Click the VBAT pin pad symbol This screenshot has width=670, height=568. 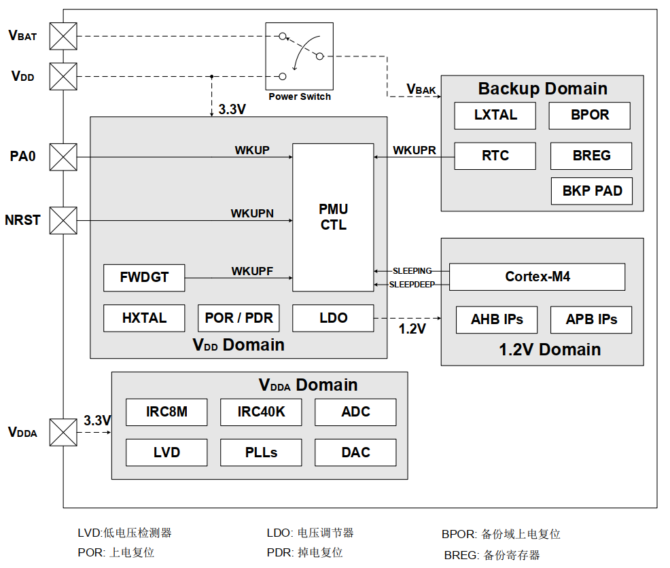point(63,36)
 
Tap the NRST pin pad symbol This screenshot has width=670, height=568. point(63,221)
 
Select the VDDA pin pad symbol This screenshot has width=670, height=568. point(63,432)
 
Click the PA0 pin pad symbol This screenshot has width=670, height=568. point(63,157)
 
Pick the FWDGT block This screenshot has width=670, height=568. point(144,278)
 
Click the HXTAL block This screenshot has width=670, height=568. point(144,318)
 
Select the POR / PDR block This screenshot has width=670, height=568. point(239,318)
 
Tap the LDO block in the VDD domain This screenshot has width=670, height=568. point(333,318)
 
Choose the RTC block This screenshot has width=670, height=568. point(495,156)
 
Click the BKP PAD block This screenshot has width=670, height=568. point(592,191)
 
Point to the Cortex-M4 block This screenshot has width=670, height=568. point(537,277)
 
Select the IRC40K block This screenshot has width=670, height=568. point(261,412)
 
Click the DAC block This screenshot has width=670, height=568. point(355,452)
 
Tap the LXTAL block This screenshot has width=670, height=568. point(495,116)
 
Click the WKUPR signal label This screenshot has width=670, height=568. point(415,150)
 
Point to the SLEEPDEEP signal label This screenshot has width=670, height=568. point(412,285)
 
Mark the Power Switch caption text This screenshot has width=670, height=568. point(300,97)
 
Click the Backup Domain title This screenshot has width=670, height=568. point(543,88)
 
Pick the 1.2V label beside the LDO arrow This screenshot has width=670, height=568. point(412,329)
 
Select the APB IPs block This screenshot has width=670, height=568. point(591,320)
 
